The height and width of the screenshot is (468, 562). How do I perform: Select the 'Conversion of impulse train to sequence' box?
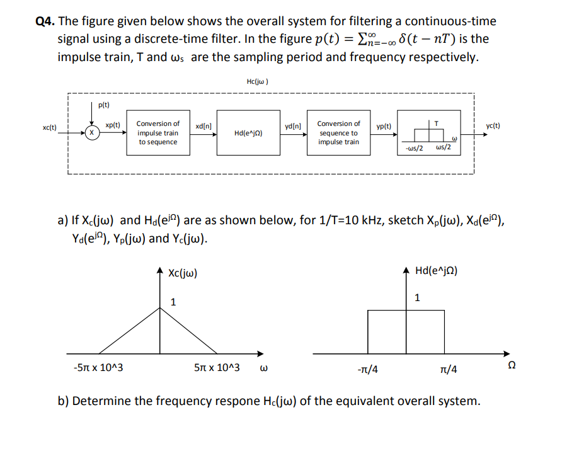(x=158, y=133)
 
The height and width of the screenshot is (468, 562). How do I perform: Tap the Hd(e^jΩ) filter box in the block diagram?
(x=248, y=133)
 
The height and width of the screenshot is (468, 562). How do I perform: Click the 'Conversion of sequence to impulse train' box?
(x=338, y=133)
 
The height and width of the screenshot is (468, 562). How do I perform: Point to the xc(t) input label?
(x=50, y=127)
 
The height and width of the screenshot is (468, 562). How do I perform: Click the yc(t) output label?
(x=493, y=125)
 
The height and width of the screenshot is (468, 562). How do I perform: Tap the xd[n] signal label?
(x=204, y=127)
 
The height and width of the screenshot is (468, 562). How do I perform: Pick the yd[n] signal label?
(x=293, y=127)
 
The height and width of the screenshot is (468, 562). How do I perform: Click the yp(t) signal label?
(x=384, y=127)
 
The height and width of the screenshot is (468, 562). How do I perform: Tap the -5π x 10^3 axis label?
(x=98, y=367)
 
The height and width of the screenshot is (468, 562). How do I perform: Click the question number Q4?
(x=43, y=21)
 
